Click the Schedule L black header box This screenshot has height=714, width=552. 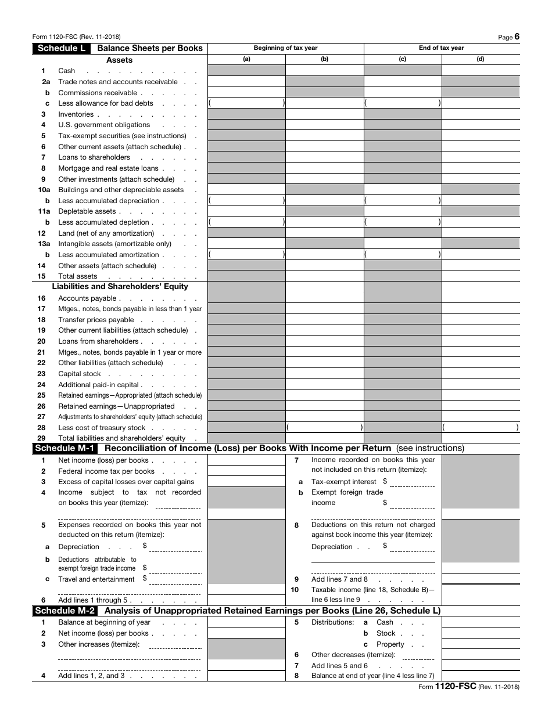61,48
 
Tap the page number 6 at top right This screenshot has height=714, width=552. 517,37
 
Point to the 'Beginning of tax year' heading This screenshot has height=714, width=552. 285,48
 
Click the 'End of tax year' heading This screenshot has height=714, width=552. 442,48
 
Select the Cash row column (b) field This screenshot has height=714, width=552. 324,71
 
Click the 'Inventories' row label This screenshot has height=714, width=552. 76,114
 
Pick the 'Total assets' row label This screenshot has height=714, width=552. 78,276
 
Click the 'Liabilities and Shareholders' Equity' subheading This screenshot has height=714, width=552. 120,286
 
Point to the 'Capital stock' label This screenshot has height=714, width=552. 80,374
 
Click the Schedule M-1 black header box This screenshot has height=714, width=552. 64,448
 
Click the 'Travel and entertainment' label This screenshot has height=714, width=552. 96,579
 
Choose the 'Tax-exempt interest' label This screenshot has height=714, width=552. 344,482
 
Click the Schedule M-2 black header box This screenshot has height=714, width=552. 64,611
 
